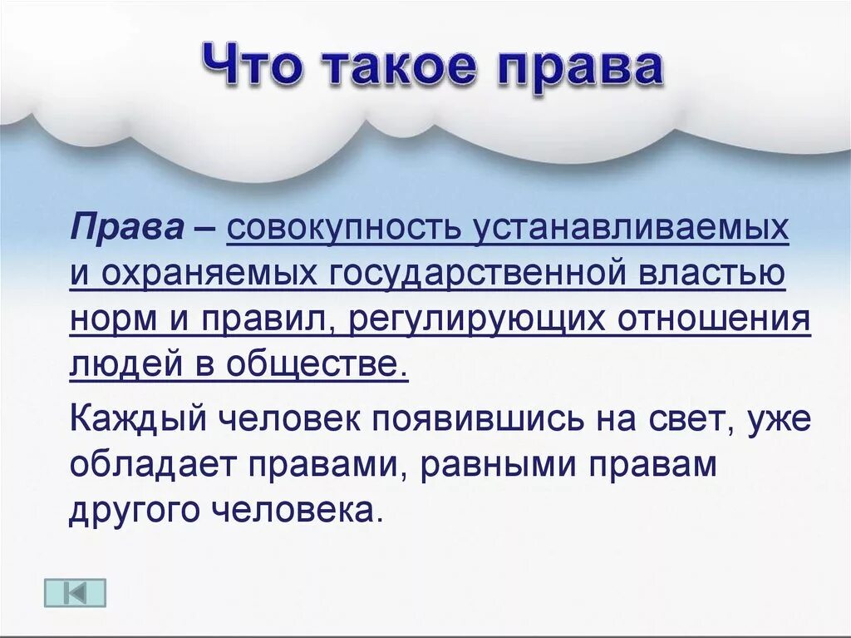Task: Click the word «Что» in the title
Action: coord(248,67)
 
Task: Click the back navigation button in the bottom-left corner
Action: coord(75,592)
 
